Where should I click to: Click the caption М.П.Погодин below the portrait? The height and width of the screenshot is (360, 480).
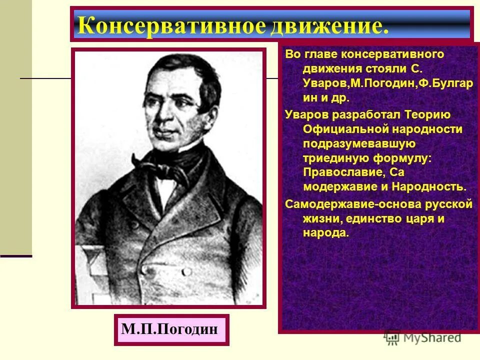(169, 330)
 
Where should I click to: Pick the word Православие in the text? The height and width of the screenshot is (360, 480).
(340, 172)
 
